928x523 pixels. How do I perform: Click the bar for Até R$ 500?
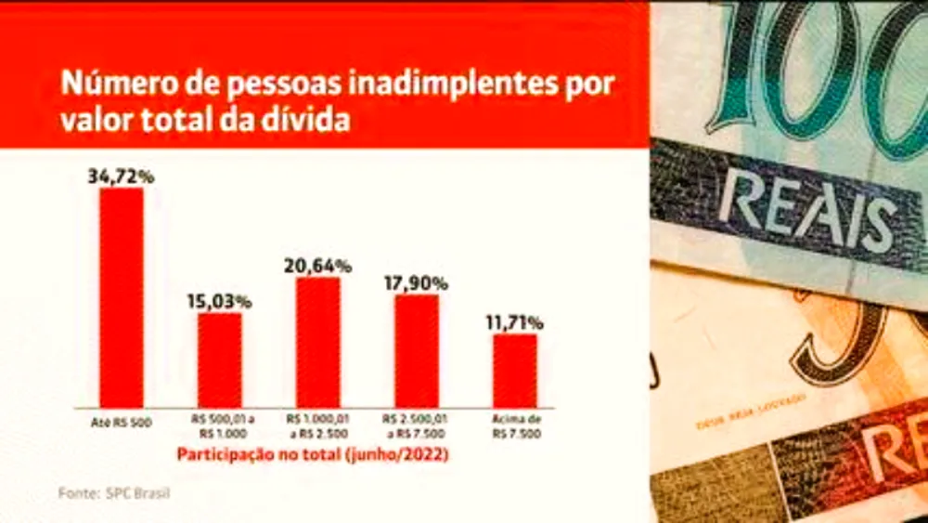(x=122, y=297)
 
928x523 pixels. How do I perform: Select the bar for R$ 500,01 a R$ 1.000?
(x=220, y=360)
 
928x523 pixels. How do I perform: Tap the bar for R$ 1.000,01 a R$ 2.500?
(x=318, y=342)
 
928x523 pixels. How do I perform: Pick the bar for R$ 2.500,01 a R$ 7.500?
(x=417, y=350)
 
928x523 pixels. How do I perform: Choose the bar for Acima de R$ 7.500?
(x=515, y=370)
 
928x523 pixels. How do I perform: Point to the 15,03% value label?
(x=220, y=301)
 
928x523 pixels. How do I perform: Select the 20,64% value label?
(x=318, y=266)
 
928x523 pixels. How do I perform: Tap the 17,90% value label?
(x=417, y=282)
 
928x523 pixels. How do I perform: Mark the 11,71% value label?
(x=514, y=322)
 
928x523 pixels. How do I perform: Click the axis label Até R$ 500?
(x=122, y=423)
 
